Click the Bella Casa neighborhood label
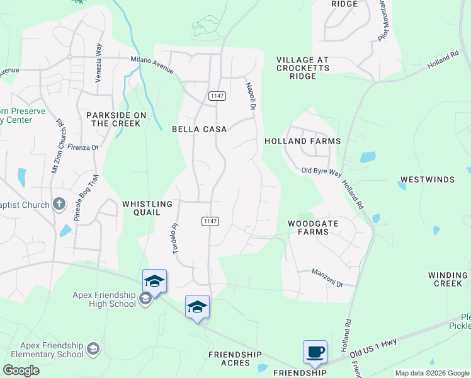pyautogui.click(x=199, y=129)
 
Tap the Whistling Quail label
pyautogui.click(x=147, y=209)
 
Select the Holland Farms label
pyautogui.click(x=302, y=141)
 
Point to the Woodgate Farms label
pyautogui.click(x=309, y=227)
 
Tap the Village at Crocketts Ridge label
pyautogui.click(x=302, y=67)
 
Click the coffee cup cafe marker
pyautogui.click(x=315, y=352)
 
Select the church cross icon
pyautogui.click(x=59, y=203)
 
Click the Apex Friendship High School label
pyautogui.click(x=104, y=299)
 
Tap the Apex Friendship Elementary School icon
pyautogui.click(x=93, y=348)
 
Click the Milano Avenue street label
pyautogui.click(x=152, y=64)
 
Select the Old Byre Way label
pyautogui.click(x=321, y=171)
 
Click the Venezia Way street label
pyautogui.click(x=98, y=55)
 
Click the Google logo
pyautogui.click(x=21, y=370)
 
